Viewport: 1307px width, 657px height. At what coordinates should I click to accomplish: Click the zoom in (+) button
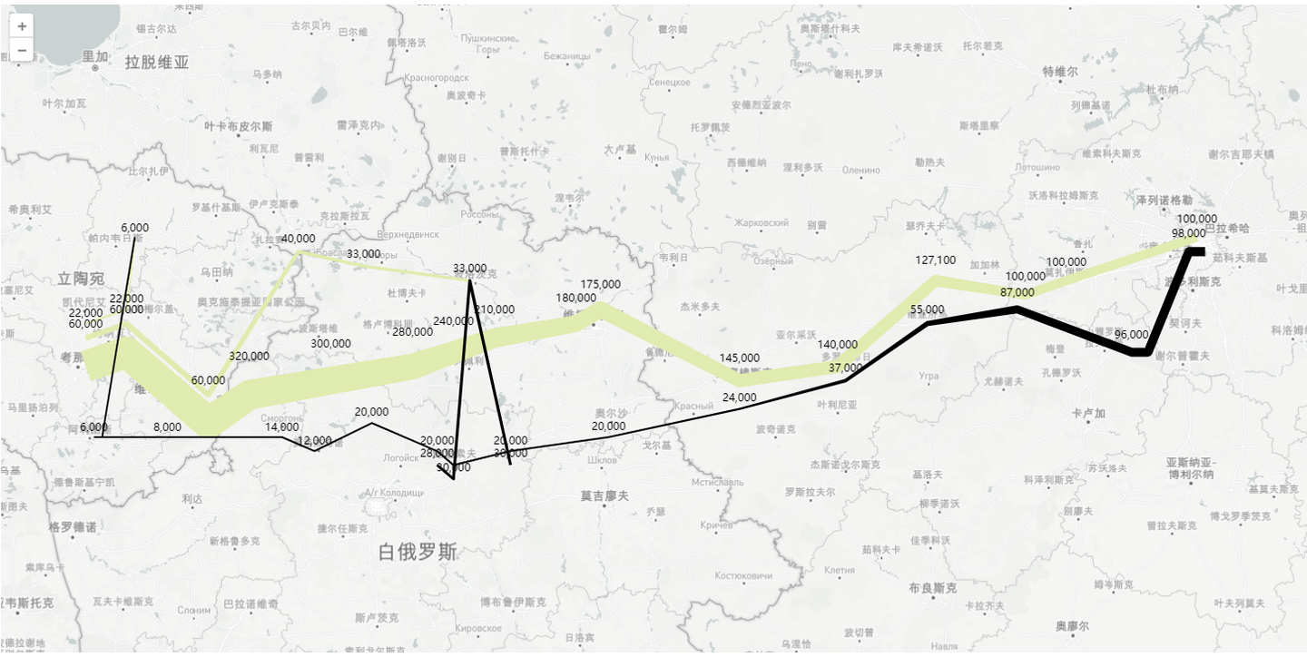click(x=22, y=26)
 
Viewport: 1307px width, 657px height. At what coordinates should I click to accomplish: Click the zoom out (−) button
click(x=22, y=50)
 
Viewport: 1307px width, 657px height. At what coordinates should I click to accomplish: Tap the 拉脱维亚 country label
click(x=157, y=63)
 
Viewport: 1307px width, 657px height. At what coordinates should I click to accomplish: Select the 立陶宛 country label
click(x=80, y=278)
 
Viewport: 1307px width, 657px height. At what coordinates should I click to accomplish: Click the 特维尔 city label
click(x=1059, y=71)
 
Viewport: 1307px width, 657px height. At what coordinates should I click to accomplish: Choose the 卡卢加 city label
click(x=1088, y=414)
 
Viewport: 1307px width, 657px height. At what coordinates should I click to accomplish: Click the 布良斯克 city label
click(x=932, y=587)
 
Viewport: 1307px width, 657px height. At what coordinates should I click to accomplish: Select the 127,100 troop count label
click(x=935, y=260)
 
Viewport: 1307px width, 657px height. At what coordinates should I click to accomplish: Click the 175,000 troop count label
click(x=600, y=284)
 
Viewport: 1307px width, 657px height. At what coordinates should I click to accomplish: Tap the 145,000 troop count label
click(x=739, y=358)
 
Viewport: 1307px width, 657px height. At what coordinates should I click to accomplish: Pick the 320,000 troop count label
click(x=249, y=356)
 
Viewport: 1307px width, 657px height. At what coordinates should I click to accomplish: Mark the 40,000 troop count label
click(x=298, y=239)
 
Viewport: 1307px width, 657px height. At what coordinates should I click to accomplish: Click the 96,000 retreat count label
click(x=1131, y=334)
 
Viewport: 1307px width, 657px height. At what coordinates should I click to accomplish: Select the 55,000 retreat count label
click(x=927, y=309)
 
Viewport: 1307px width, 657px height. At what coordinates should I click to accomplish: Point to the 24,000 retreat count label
click(x=739, y=397)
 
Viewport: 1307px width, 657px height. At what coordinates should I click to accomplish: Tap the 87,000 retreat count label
click(x=1017, y=292)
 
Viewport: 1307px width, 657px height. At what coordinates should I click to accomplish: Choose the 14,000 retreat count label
click(x=281, y=427)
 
